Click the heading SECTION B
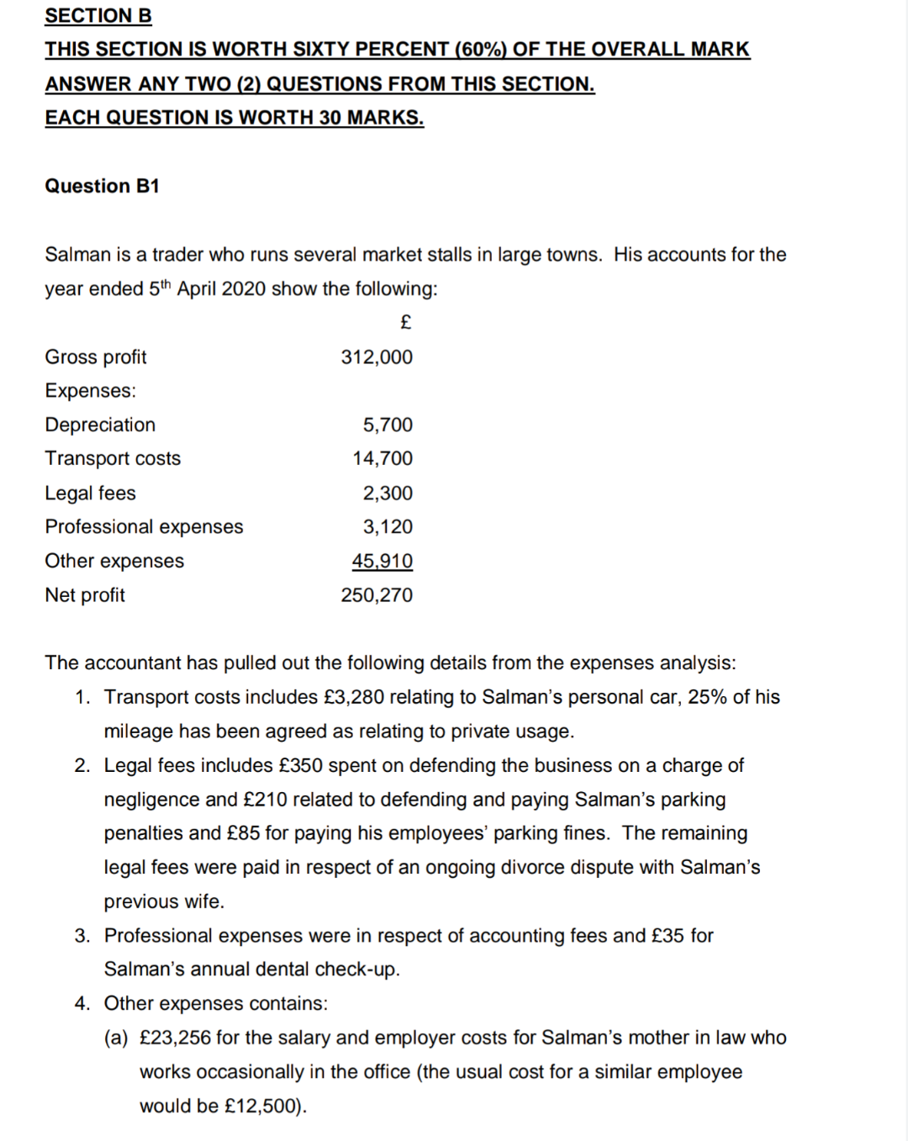98,15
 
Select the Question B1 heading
102,186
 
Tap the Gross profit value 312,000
377,357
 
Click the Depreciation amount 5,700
388,425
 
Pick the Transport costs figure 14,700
383,458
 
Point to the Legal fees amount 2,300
388,493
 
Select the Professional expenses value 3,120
388,526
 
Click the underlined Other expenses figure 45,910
383,561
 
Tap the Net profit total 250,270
377,595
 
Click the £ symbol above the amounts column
405,322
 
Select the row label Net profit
85,595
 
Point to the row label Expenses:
90,391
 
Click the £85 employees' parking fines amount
243,833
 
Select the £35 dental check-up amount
668,936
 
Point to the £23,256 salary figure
175,1038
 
